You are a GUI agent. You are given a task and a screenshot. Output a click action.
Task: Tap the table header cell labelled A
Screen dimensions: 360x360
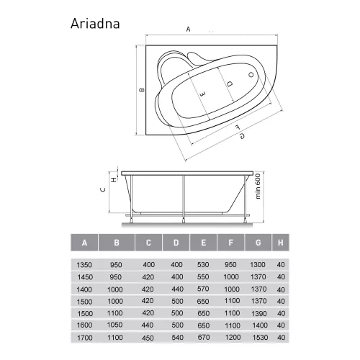pyautogui.click(x=85, y=242)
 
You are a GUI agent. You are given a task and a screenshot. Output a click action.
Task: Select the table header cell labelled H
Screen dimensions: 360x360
pyautogui.click(x=280, y=242)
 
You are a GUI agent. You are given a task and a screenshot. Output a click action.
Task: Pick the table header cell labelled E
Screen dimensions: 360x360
pyautogui.click(x=204, y=242)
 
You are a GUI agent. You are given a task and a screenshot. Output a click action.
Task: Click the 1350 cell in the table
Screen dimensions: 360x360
pyautogui.click(x=85, y=264)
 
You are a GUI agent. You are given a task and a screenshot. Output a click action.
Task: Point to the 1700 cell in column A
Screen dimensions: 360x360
pyautogui.click(x=85, y=336)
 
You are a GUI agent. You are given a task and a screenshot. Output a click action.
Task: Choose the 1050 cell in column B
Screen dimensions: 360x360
pyautogui.click(x=114, y=325)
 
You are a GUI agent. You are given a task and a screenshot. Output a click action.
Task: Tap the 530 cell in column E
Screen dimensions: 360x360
pyautogui.click(x=204, y=264)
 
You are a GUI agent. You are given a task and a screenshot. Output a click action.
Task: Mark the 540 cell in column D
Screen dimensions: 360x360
pyautogui.click(x=176, y=336)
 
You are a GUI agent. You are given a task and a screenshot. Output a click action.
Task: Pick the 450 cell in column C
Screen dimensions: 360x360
pyautogui.click(x=148, y=336)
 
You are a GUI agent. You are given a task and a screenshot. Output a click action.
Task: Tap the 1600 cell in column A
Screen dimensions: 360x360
pyautogui.click(x=85, y=325)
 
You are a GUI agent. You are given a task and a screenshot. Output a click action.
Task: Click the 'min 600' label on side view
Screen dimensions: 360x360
pyautogui.click(x=258, y=189)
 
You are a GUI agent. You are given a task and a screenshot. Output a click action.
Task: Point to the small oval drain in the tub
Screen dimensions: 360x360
pyautogui.click(x=250, y=74)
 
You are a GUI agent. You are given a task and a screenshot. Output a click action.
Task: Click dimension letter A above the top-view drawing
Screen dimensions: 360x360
pyautogui.click(x=187, y=30)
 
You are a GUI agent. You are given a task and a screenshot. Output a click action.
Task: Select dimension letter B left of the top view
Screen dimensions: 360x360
pyautogui.click(x=143, y=89)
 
